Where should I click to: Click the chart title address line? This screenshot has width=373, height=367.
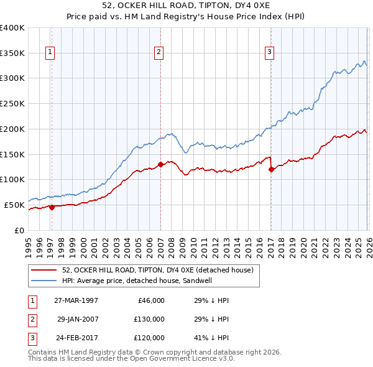(186, 6)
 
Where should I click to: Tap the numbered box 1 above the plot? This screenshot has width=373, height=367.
(50, 53)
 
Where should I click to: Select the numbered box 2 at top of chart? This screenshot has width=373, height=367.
(159, 53)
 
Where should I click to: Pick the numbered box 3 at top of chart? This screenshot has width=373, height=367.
(270, 53)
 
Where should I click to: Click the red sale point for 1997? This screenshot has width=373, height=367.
(52, 207)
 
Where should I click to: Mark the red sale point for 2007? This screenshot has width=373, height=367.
(160, 164)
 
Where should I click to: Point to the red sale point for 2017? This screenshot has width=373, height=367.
(271, 169)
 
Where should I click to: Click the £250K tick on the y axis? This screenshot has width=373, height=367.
(12, 103)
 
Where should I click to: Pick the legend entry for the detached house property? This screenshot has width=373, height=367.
(157, 270)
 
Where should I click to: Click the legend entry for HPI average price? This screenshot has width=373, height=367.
(145, 281)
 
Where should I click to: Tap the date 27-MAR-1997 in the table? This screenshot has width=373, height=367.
(76, 300)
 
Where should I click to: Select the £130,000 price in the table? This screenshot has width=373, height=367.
(149, 319)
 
